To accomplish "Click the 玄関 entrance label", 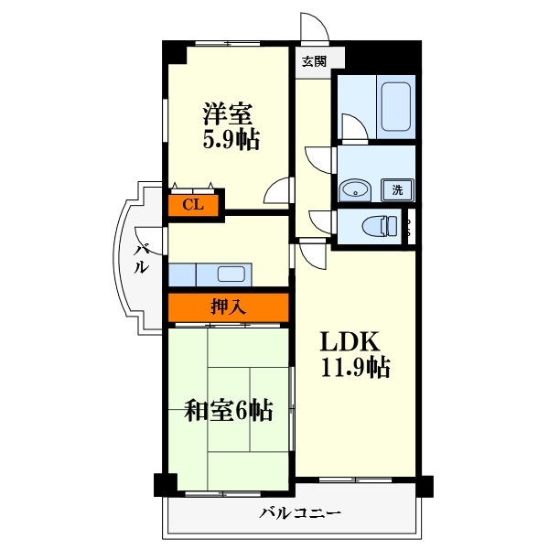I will [314, 61].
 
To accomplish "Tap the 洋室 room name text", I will [228, 114].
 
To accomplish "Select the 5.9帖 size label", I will [230, 140].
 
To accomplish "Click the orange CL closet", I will [193, 204].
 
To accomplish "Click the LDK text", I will [349, 342].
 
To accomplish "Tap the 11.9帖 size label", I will [355, 369].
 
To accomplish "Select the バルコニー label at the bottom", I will [301, 513].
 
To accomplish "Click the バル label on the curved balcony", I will [143, 259].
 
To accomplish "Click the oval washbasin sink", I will [353, 190].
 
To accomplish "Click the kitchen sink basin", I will [229, 274].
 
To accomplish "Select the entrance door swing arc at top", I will [315, 27].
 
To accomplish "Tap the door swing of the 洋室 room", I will [276, 192].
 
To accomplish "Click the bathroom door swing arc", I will [351, 126].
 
